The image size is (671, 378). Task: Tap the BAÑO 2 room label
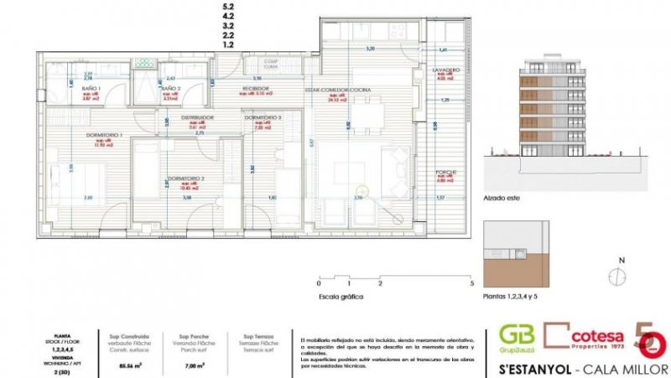(x=170, y=88)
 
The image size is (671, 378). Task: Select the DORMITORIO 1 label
(x=105, y=135)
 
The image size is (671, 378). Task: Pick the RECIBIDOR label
(x=255, y=88)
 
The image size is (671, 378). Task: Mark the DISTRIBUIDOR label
(x=198, y=117)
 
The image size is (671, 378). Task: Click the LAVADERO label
(x=446, y=70)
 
